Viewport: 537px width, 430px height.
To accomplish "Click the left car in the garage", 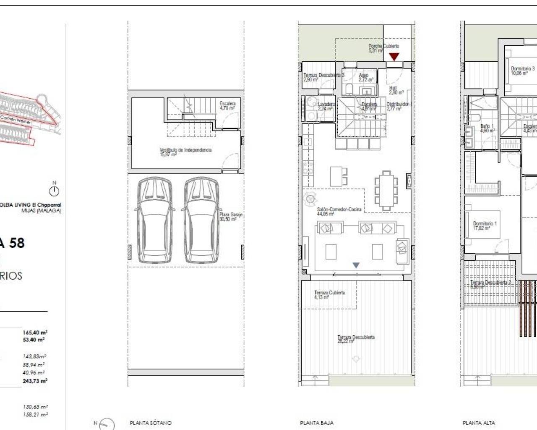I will pos(154,220).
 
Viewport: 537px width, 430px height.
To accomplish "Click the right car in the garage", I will pos(201,220).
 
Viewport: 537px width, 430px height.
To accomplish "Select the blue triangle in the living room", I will pos(356,265).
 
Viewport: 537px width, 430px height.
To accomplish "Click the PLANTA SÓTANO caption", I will pos(151,423).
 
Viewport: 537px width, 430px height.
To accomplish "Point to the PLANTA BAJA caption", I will pos(317,423).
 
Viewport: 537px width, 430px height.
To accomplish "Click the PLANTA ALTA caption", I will pos(479,423).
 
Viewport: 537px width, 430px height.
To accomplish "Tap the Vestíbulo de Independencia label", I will pos(185,152).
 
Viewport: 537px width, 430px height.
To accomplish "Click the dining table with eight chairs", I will pos(386,191).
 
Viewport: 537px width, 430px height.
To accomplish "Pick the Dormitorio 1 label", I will pos(485,226).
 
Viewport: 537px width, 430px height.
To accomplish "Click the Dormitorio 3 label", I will pos(522,71).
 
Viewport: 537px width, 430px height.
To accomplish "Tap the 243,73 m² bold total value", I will pos(35,381).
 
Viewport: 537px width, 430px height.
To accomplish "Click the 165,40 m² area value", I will pos(35,333).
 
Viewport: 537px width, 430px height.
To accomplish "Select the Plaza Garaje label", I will pos(231,217).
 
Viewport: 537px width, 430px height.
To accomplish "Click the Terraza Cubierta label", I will pos(329,295).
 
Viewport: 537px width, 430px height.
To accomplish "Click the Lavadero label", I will pos(326,106).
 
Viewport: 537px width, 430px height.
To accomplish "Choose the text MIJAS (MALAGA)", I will pos(41,210).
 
